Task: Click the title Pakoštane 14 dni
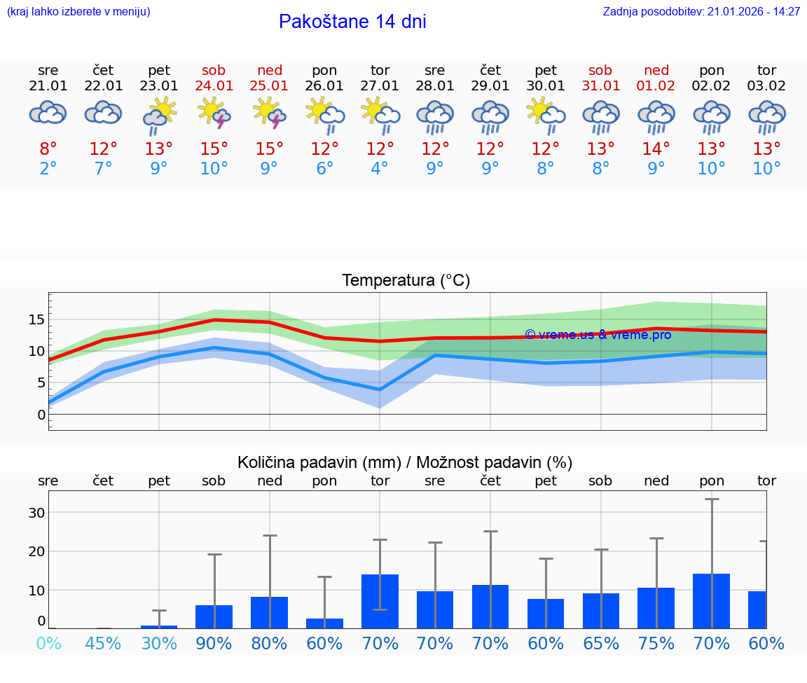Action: coord(352,22)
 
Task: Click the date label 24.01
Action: coord(214,86)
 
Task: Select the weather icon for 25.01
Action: coord(269,115)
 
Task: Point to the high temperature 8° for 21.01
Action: coord(48,149)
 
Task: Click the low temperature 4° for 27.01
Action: coord(380,169)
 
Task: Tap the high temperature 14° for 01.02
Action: coord(656,149)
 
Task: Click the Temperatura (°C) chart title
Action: coord(406,281)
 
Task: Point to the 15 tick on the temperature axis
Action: coord(36,319)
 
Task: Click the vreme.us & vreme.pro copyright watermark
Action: coord(598,335)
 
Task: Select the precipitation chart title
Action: coord(405,462)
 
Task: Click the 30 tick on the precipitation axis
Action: coord(36,513)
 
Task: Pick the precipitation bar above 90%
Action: coord(214,616)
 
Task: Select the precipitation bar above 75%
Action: coord(656,608)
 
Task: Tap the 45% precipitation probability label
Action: coord(104,644)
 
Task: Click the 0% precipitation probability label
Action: coord(48,644)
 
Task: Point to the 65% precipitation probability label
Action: coord(601,644)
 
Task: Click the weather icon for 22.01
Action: coord(104,113)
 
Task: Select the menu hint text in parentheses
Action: coord(78,12)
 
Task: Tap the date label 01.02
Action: coord(656,86)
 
